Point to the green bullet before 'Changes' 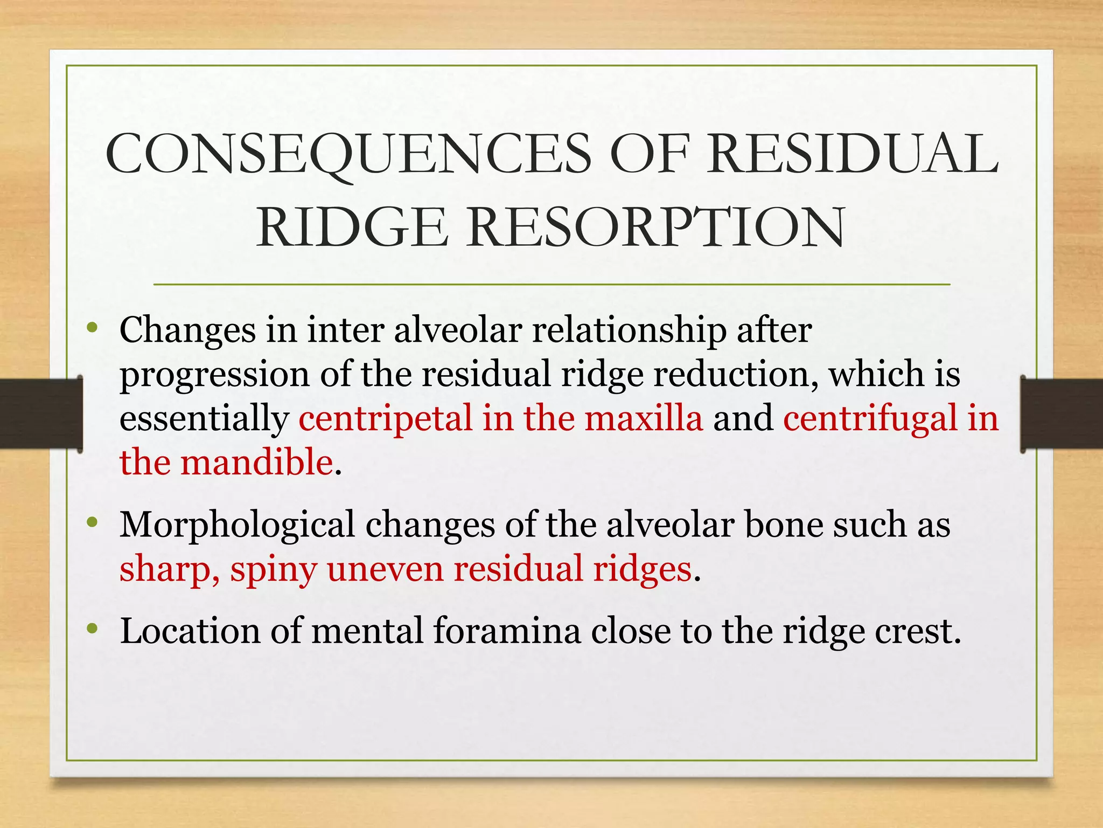click(93, 327)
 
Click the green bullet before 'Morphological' click(93, 522)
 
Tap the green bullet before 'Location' click(93, 628)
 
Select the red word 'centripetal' click(385, 418)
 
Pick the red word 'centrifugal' click(870, 418)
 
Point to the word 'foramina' click(507, 631)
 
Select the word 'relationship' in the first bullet click(629, 331)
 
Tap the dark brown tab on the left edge click(40, 414)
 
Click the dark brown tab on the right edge click(1061, 414)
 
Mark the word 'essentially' click(204, 419)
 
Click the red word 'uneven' click(385, 569)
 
